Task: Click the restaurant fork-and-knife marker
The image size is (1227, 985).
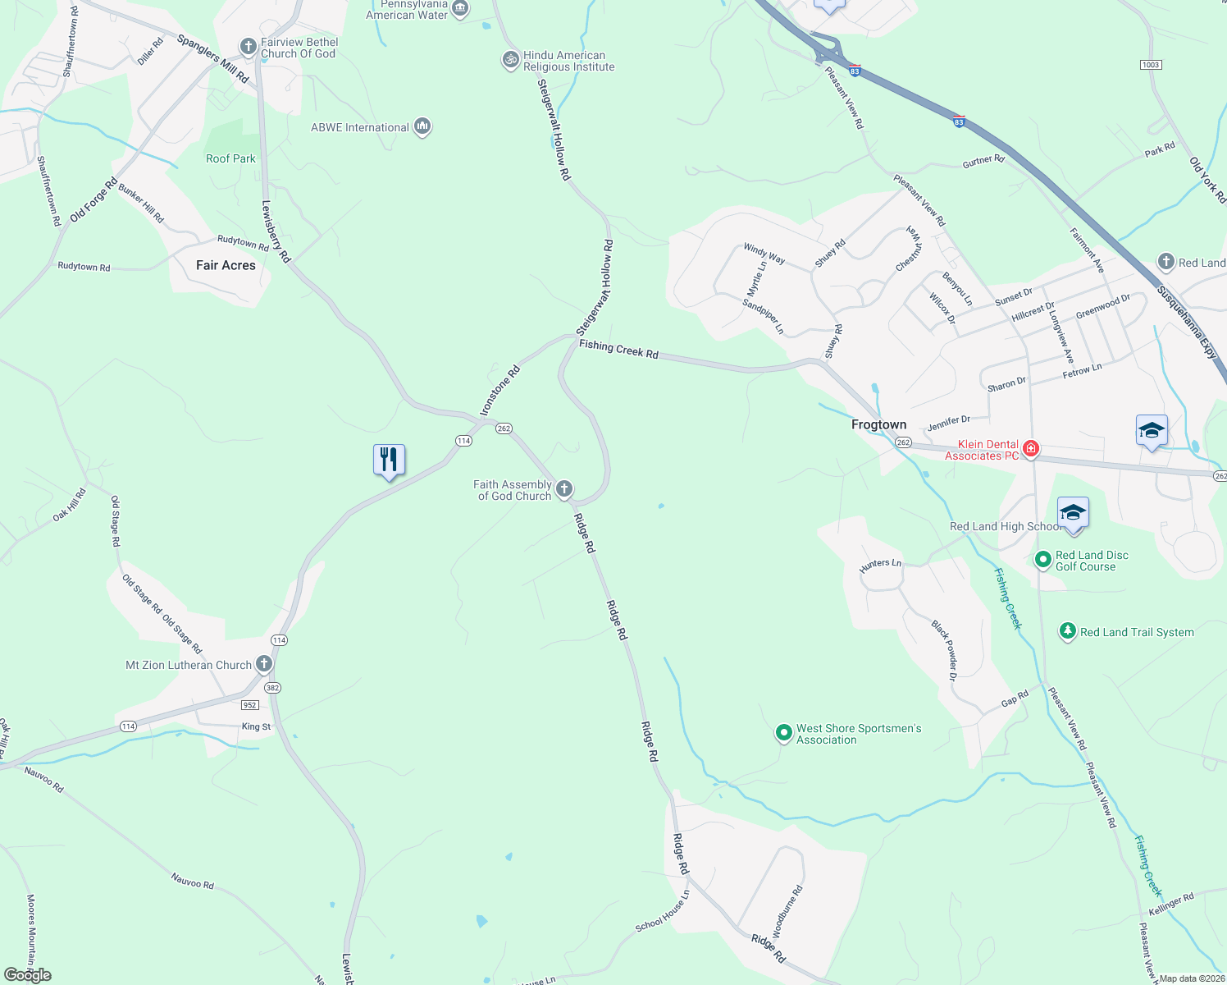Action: [389, 460]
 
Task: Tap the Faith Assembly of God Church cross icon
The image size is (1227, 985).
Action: [564, 490]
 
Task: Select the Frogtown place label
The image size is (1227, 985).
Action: [878, 424]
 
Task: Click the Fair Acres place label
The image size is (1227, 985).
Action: [226, 265]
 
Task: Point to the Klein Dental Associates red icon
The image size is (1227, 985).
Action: [1031, 449]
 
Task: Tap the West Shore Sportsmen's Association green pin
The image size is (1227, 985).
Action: [784, 732]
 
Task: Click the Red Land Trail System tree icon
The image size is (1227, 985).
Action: [1067, 631]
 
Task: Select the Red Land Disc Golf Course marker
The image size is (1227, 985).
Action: [1043, 560]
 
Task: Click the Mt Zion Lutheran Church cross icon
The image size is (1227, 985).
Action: [264, 664]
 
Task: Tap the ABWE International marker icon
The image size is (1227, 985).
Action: [422, 126]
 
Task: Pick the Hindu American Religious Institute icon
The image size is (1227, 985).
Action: [511, 60]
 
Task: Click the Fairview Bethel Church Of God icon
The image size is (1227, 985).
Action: [249, 47]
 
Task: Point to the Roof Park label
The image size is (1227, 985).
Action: [230, 158]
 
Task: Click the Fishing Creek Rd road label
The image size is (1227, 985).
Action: [618, 350]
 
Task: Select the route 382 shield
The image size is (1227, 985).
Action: [273, 688]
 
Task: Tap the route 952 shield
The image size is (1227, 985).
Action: [250, 704]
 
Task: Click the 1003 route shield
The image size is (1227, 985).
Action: [1151, 65]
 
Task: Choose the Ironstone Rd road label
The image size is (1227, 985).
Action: [499, 391]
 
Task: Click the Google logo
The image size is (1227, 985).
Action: [27, 975]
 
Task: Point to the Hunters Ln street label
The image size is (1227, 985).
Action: [880, 564]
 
